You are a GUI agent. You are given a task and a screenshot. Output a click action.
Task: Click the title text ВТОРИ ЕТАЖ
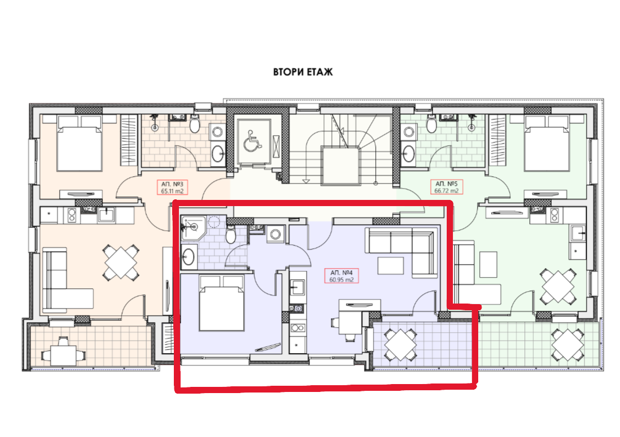[303, 72]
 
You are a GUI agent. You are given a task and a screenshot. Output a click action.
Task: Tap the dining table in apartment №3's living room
[120, 262]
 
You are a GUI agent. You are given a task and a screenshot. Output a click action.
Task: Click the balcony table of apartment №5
[566, 344]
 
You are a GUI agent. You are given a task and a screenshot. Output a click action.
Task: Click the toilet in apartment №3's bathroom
[195, 124]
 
